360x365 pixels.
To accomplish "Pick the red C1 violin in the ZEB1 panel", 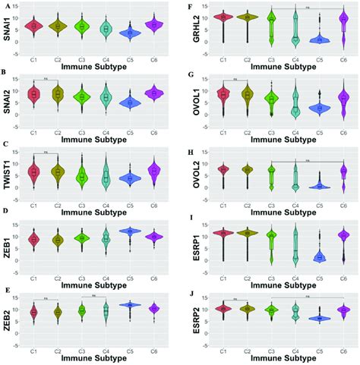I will (x=33, y=240).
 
